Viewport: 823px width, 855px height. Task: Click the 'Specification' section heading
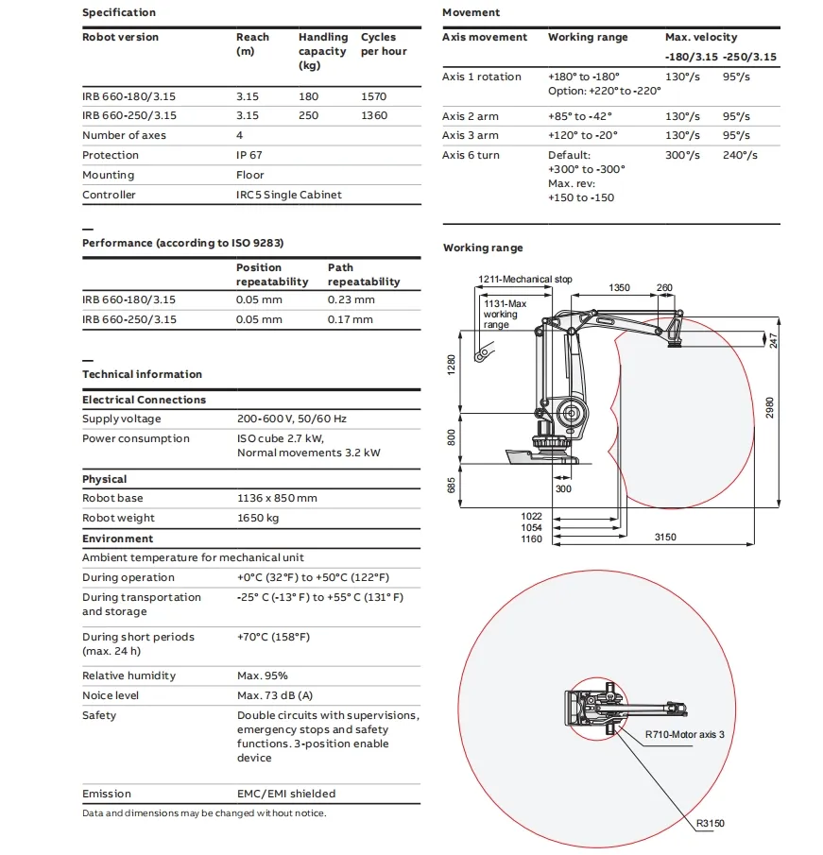[119, 12]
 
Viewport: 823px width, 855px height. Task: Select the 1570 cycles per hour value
[375, 96]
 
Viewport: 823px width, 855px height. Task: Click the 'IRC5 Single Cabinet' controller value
[288, 195]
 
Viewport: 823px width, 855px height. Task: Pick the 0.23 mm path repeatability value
[351, 299]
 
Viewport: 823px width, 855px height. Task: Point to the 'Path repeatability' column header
[363, 274]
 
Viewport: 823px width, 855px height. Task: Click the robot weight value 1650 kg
[257, 518]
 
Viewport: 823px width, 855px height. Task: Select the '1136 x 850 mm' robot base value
[277, 498]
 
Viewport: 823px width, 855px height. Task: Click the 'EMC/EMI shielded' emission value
[285, 794]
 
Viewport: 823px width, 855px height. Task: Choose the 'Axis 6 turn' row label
[471, 155]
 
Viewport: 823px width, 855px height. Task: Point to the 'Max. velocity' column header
[701, 37]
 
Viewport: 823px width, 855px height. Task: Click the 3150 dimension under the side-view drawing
[666, 538]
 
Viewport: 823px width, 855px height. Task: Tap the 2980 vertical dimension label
[769, 407]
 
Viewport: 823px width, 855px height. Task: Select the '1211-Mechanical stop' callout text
[524, 280]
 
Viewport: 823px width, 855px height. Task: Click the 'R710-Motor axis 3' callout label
[684, 734]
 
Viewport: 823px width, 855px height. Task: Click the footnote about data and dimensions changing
[204, 813]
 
